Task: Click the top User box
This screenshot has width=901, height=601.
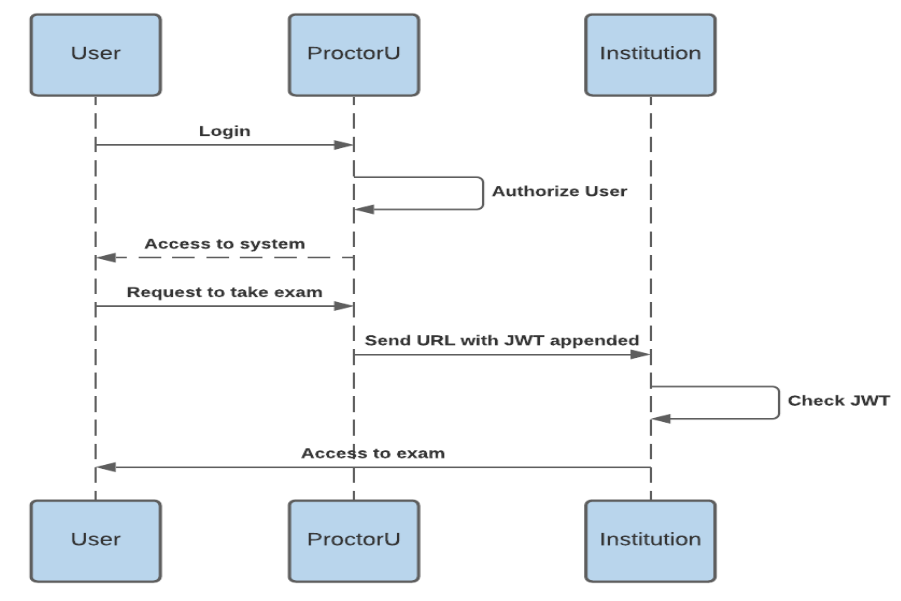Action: tap(95, 55)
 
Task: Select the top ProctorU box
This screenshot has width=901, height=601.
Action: tap(353, 55)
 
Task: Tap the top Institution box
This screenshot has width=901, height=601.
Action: tap(650, 55)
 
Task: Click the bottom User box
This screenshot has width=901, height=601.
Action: tap(95, 540)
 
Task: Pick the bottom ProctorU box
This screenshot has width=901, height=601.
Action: tap(353, 540)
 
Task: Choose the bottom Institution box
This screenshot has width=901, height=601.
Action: tap(650, 540)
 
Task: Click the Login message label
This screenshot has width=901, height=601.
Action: tap(225, 131)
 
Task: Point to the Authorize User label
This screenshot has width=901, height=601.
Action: tap(560, 191)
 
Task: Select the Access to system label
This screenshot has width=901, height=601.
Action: tap(225, 243)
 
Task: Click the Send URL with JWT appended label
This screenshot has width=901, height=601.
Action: tap(502, 340)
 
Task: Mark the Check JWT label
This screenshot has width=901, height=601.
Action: tap(838, 401)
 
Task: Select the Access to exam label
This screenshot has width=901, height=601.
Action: tap(373, 453)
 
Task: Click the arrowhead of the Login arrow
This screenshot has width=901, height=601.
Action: tap(345, 146)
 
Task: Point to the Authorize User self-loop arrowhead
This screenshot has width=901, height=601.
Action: tap(364, 209)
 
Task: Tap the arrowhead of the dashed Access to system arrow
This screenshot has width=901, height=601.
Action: tap(105, 258)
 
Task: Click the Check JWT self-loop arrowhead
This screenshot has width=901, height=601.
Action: tap(661, 419)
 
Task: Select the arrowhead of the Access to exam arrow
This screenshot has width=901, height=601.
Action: tap(105, 467)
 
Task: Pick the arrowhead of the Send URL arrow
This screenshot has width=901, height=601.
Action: tap(642, 354)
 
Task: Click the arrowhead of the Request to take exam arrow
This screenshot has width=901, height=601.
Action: tap(345, 306)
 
